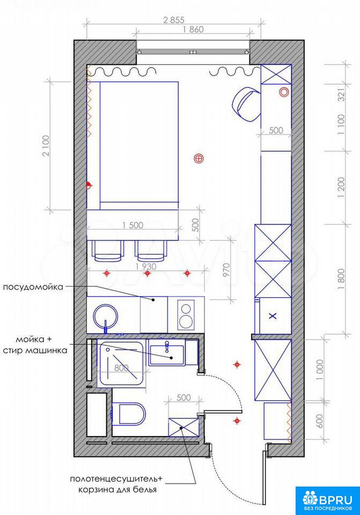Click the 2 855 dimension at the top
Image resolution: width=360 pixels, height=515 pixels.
[174, 20]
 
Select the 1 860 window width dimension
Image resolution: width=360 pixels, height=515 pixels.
[193, 29]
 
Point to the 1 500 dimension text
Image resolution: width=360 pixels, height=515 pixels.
[133, 225]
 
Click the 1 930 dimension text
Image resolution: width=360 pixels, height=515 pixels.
[146, 267]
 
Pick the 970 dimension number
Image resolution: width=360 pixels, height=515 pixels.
[227, 270]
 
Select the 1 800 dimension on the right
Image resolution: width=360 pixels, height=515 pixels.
[341, 279]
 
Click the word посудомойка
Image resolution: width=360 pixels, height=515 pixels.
[33, 288]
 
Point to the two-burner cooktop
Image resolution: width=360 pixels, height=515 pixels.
[186, 315]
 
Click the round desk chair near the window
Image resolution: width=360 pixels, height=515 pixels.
[247, 106]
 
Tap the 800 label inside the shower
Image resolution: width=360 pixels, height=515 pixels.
[121, 368]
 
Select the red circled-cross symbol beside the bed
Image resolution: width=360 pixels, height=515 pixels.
[199, 159]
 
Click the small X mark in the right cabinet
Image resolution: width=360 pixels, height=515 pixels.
[273, 317]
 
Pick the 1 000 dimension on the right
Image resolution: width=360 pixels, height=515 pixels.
[320, 370]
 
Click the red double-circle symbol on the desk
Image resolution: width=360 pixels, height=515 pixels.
[284, 92]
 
